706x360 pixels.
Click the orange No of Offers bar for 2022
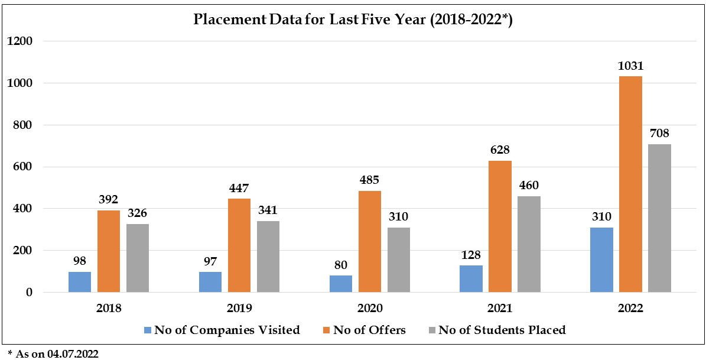[x=630, y=184]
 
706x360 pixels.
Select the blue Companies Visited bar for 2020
[x=341, y=284]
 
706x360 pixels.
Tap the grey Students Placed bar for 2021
[x=529, y=244]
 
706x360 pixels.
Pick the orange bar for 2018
[x=109, y=251]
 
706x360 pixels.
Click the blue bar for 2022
[x=601, y=260]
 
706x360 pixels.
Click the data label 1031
[x=630, y=66]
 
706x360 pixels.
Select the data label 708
[x=660, y=133]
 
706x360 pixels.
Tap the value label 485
[x=369, y=180]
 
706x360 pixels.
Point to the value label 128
[x=471, y=255]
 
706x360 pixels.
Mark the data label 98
[x=80, y=261]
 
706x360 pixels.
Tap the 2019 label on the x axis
[x=239, y=308]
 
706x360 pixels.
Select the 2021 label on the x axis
[x=500, y=308]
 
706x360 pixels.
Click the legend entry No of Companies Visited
[x=227, y=330]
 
